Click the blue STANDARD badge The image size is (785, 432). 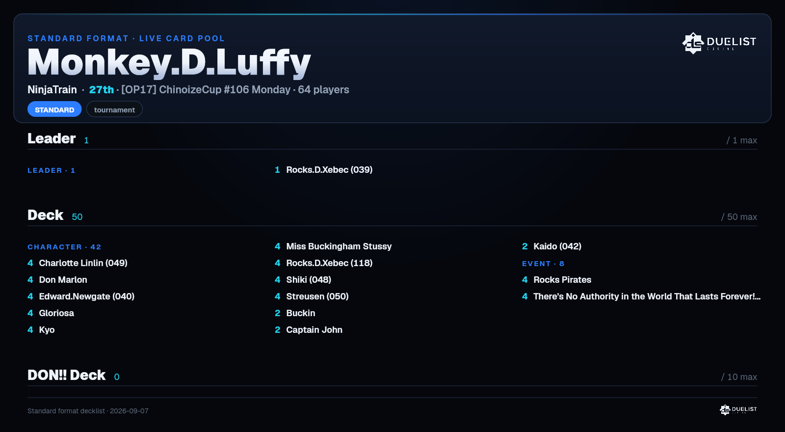pyautogui.click(x=54, y=109)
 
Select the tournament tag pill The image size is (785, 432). pyautogui.click(x=114, y=109)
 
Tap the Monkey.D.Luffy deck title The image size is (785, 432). pyautogui.click(x=169, y=62)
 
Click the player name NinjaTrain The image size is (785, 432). pyautogui.click(x=52, y=90)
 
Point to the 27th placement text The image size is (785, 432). pyautogui.click(x=101, y=90)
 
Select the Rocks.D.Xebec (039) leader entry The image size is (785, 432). pyautogui.click(x=329, y=170)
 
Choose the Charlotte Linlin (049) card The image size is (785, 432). pyautogui.click(x=83, y=263)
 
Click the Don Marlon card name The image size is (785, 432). pyautogui.click(x=63, y=280)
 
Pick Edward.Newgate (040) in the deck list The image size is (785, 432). pyautogui.click(x=86, y=297)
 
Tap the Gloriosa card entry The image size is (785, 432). pyautogui.click(x=56, y=313)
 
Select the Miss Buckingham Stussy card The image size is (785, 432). pyautogui.click(x=339, y=246)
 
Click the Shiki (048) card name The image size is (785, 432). pyautogui.click(x=309, y=280)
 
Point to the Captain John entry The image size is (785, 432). pyautogui.click(x=314, y=330)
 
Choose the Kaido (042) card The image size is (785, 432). pyautogui.click(x=557, y=246)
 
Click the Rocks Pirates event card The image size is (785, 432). pyautogui.click(x=562, y=280)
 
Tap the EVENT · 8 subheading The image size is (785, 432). pyautogui.click(x=543, y=264)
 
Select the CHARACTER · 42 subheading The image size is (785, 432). pyautogui.click(x=64, y=247)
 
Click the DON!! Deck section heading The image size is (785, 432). pyautogui.click(x=67, y=375)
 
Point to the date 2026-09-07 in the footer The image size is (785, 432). pyautogui.click(x=129, y=411)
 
